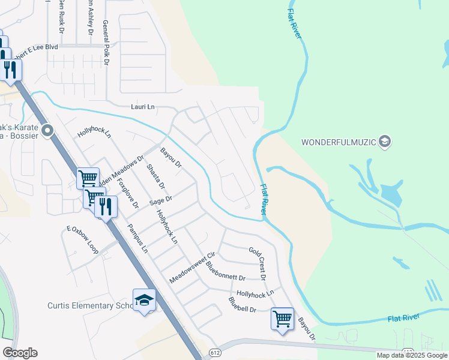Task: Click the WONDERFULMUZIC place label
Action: tap(338, 142)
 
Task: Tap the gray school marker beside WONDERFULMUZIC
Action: tap(385, 142)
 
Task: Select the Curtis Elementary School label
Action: tap(89, 306)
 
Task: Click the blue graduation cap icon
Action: tap(145, 299)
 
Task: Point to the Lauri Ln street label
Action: tap(143, 107)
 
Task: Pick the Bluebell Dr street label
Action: tap(243, 305)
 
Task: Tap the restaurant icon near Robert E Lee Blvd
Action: tap(10, 70)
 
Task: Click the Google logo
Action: tap(20, 353)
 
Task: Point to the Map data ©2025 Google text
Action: tap(412, 355)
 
